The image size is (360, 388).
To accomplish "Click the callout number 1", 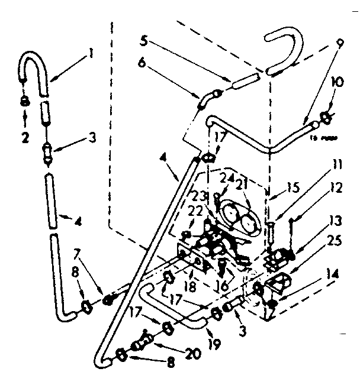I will [x=90, y=53].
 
